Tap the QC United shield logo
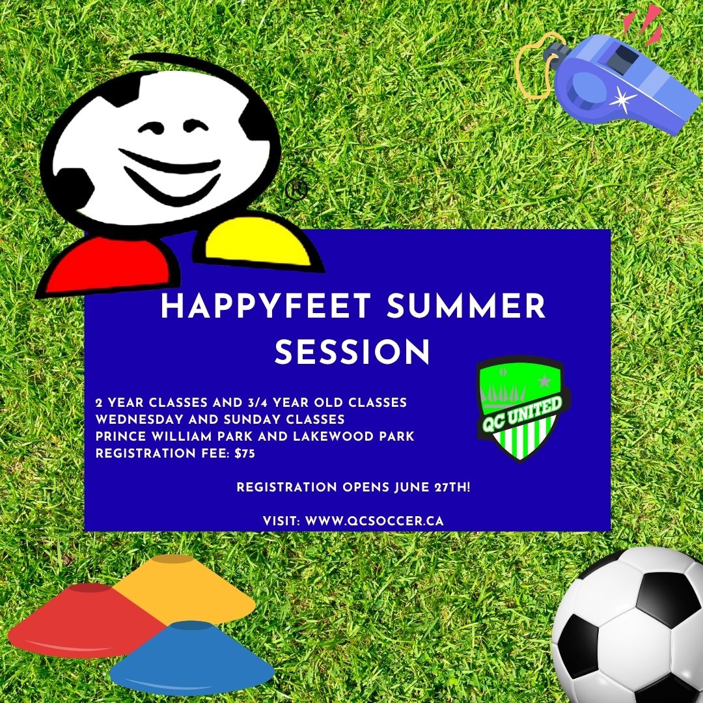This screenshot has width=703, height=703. pyautogui.click(x=521, y=408)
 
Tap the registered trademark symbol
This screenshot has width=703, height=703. pyautogui.click(x=296, y=189)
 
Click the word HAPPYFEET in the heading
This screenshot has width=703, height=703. pyautogui.click(x=266, y=306)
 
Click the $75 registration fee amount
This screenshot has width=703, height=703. pyautogui.click(x=245, y=453)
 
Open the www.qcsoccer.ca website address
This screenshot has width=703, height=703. pyautogui.click(x=374, y=521)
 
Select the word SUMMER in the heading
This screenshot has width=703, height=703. pyautogui.click(x=466, y=306)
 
